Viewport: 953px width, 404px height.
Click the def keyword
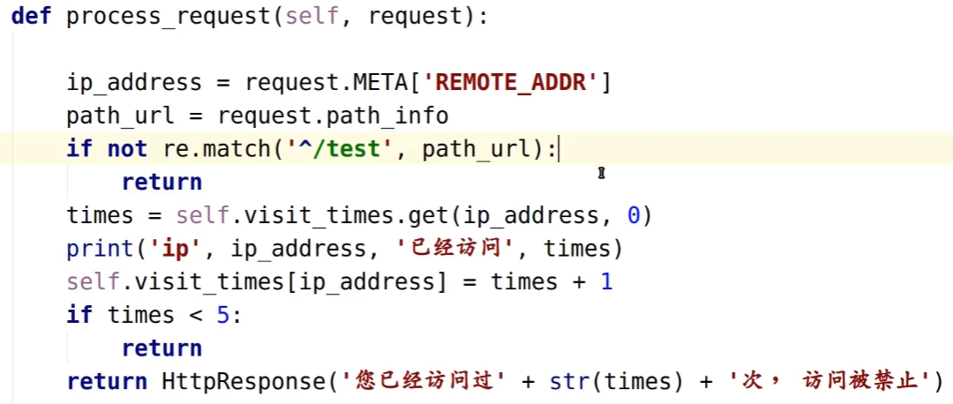[31, 17]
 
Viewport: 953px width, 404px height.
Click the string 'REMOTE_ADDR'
[517, 83]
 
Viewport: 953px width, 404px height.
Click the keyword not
[127, 149]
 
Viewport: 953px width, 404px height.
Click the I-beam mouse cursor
[602, 174]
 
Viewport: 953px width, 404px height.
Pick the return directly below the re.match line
[161, 183]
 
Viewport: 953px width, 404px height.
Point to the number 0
[633, 215]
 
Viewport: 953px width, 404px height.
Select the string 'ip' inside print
[176, 249]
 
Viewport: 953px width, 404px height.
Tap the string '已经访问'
[456, 249]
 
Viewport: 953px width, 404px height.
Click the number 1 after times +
[606, 282]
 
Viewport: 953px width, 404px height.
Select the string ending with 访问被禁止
[829, 382]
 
